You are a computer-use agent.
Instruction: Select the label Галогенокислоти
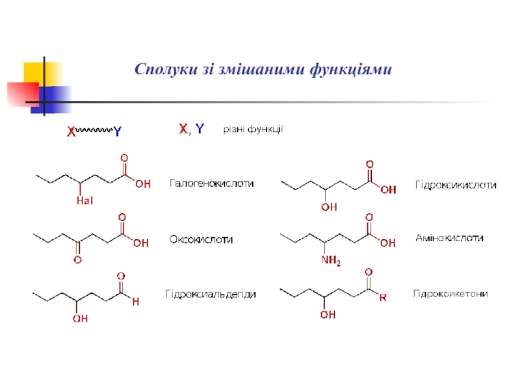212,184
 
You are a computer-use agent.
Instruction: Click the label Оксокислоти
201,239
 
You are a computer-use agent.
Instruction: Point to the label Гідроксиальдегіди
211,294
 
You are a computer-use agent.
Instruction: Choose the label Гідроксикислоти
456,185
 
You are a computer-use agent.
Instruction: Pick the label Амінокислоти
449,239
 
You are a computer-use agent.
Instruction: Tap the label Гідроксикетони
450,294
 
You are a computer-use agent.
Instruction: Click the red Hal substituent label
85,201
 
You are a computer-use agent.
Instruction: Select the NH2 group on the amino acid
330,261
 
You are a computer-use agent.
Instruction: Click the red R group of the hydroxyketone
383,298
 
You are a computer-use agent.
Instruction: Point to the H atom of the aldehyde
135,302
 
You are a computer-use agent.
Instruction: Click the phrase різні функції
253,129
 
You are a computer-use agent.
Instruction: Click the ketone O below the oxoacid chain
77,260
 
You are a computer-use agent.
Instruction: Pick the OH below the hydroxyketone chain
328,315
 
